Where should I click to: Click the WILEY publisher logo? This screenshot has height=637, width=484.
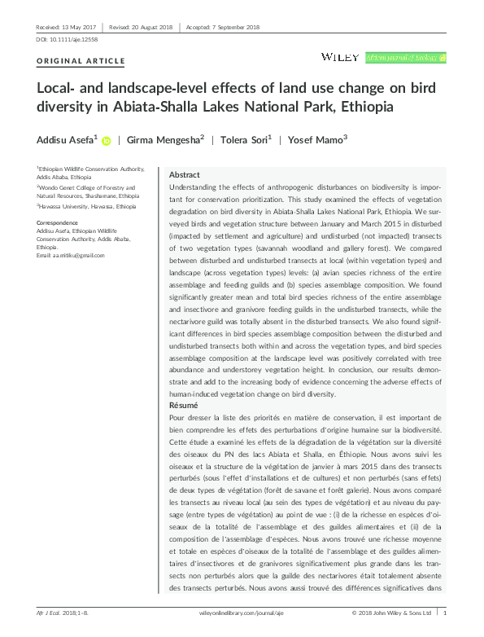click(x=339, y=57)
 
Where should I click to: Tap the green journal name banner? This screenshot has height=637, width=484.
click(x=406, y=58)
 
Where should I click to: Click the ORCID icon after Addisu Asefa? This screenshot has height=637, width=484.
click(x=106, y=140)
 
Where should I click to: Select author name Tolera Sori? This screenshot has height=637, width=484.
click(x=245, y=139)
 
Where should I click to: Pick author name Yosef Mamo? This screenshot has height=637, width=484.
click(x=316, y=139)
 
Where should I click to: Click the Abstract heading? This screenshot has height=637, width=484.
click(x=184, y=175)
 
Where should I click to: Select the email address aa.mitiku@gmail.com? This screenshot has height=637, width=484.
click(x=72, y=256)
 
